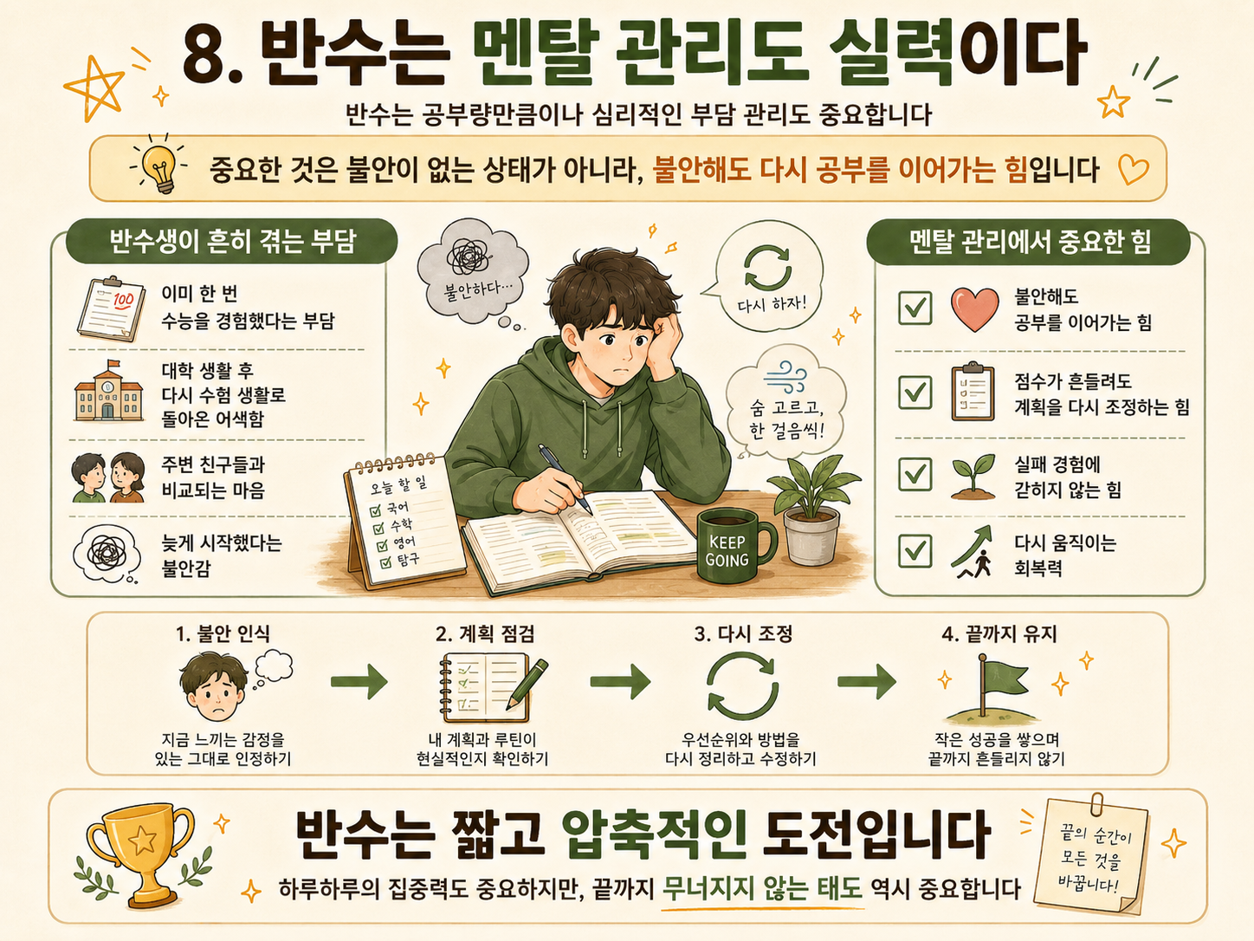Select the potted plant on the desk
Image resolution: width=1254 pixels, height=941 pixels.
[812, 509]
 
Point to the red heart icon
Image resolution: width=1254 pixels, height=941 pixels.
[974, 309]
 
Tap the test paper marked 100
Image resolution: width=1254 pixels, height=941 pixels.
[110, 308]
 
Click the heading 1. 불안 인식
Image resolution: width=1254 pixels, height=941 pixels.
[223, 633]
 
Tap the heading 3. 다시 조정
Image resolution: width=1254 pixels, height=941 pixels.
[743, 633]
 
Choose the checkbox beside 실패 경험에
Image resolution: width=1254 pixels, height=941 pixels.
[915, 474]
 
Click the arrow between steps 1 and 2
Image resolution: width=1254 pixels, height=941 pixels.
[359, 681]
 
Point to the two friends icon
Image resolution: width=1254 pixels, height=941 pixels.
[108, 477]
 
